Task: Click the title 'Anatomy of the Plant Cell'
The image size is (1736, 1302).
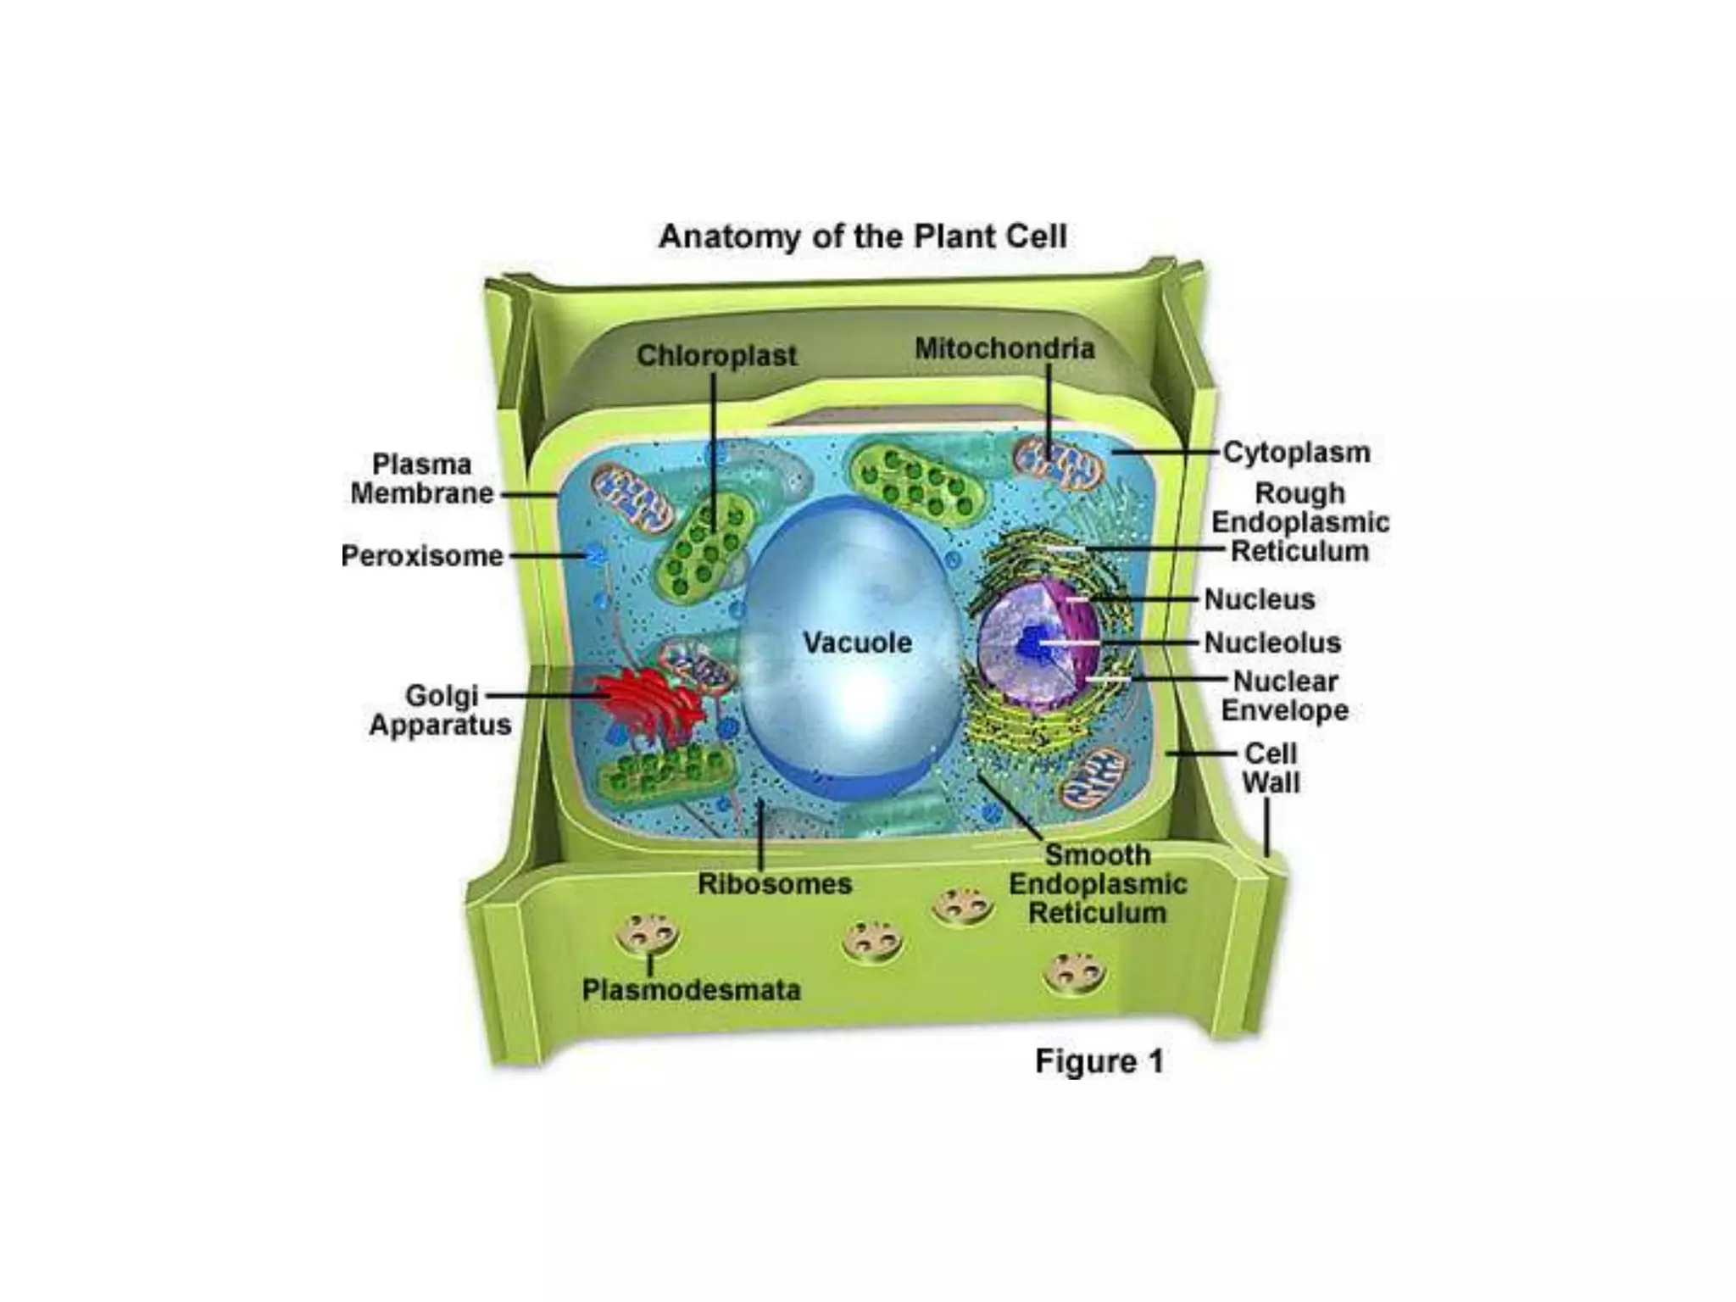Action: click(862, 236)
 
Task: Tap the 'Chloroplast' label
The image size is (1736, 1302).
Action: click(716, 356)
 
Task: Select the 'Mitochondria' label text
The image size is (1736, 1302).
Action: click(1004, 348)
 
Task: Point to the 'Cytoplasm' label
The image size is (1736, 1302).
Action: click(1296, 453)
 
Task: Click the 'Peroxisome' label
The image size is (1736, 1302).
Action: click(422, 556)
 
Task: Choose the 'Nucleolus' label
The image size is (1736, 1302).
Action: click(1272, 643)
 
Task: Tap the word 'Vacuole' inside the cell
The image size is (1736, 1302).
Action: click(857, 643)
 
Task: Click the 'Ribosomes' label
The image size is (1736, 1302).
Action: click(775, 884)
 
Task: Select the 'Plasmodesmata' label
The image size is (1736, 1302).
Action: click(691, 990)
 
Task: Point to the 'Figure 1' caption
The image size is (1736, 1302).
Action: click(1099, 1061)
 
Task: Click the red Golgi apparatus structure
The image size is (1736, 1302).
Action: click(648, 704)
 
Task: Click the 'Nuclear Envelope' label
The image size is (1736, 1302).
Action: click(1285, 696)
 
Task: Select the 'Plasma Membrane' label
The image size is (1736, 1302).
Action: click(422, 479)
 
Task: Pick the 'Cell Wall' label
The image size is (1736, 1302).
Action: click(1271, 768)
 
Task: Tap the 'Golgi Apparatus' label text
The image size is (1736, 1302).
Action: click(441, 710)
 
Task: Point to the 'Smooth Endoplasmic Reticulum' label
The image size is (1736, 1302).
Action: click(1098, 884)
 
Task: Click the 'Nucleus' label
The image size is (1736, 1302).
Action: click(1260, 599)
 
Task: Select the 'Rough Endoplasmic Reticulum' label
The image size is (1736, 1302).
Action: click(1299, 522)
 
